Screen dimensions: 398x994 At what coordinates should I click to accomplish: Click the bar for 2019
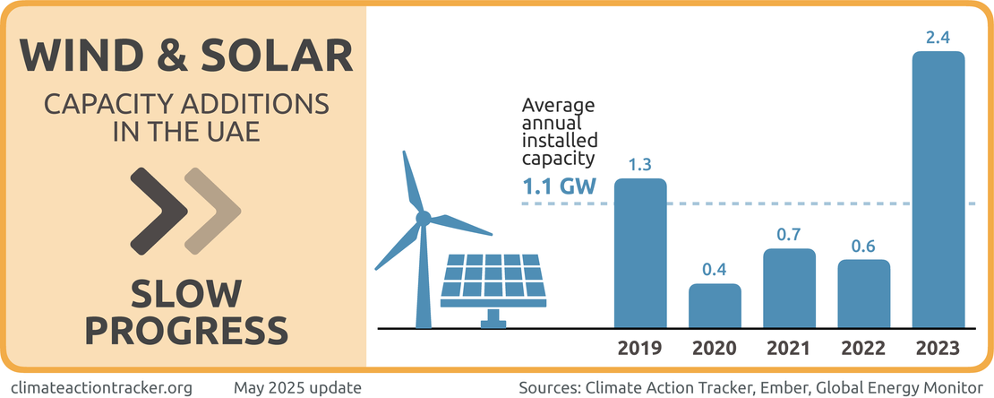[x=640, y=253]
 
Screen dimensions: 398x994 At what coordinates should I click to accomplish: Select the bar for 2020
[x=715, y=306]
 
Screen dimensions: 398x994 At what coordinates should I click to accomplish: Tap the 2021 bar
[x=789, y=288]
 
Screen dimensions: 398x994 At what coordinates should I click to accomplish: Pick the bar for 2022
[x=863, y=293]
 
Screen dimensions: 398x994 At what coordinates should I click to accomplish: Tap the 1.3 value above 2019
[x=640, y=164]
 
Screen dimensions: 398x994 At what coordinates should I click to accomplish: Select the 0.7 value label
[x=789, y=234]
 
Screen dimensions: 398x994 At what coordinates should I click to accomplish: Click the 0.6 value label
[x=863, y=245]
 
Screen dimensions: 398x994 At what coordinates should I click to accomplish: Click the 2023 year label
[x=938, y=348]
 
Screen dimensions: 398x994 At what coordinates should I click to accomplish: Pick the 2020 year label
[x=715, y=348]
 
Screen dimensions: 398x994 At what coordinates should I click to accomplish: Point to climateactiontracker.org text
[x=105, y=387]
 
